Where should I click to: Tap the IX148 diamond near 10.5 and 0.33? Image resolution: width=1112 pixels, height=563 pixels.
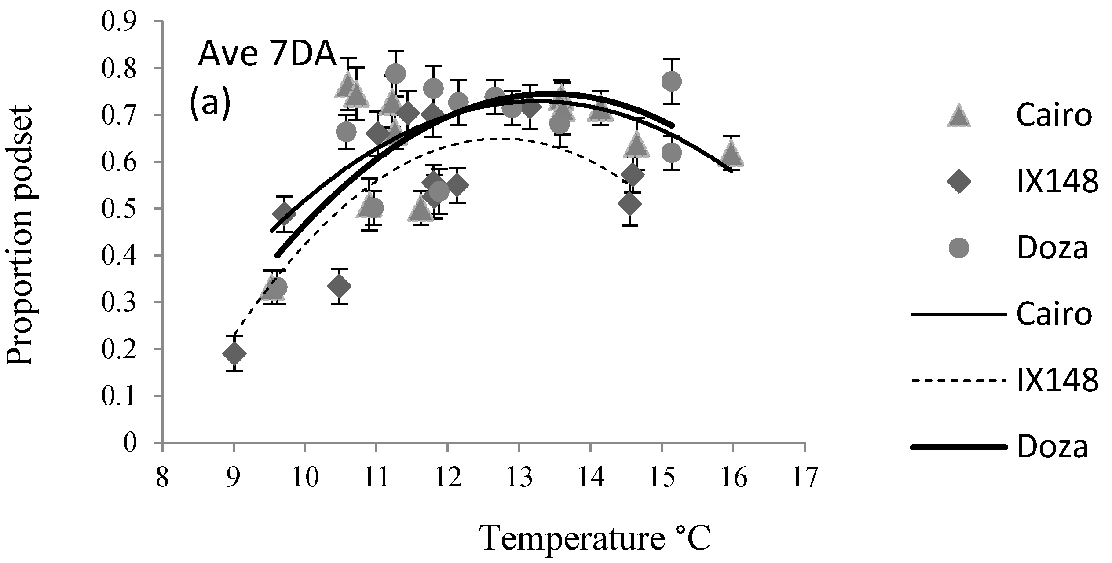[x=339, y=286]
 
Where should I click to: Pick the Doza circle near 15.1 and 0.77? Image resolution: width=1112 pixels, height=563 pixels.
[x=671, y=81]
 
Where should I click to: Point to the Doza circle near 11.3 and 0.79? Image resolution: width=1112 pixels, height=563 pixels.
[x=395, y=74]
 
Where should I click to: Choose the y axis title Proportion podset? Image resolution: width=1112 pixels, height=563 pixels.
[x=21, y=235]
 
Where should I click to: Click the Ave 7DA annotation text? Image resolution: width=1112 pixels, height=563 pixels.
[x=267, y=56]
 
